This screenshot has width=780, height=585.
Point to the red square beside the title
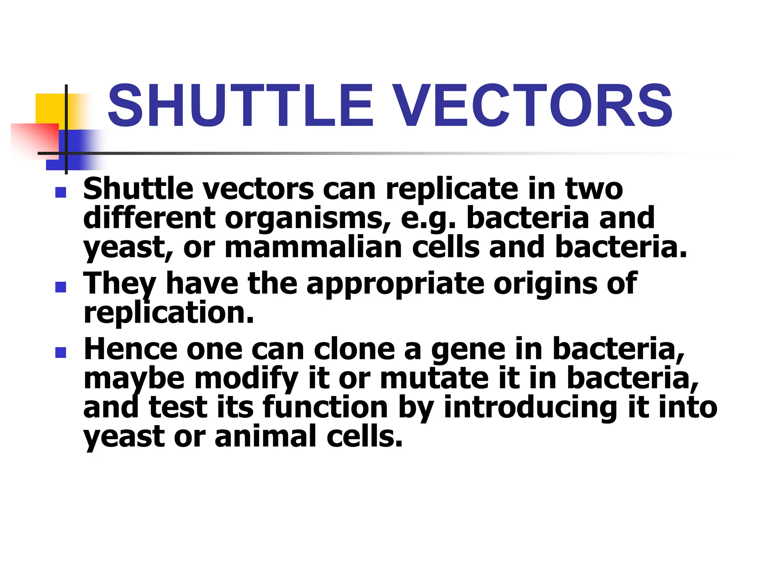pos(34,139)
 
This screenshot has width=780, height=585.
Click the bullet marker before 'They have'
pos(61,287)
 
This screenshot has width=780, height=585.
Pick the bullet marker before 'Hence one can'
pos(61,352)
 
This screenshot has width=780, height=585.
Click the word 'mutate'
pos(434,379)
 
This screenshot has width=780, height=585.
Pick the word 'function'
pos(325,407)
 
